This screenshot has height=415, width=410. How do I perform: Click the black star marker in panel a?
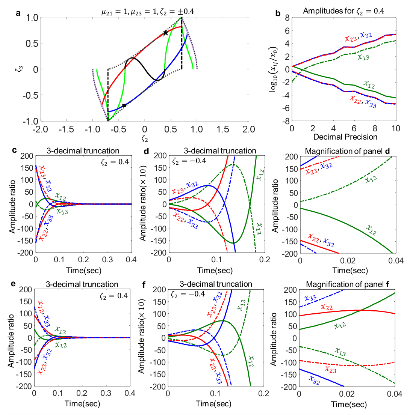click(166, 33)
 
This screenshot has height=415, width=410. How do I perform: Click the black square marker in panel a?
click(124, 105)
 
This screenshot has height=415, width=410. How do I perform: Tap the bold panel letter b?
click(278, 13)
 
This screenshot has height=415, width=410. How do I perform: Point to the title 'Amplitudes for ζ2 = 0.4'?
click(344, 11)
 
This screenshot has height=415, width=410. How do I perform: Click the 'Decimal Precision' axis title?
click(345, 137)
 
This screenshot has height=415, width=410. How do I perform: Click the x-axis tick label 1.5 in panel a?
click(222, 129)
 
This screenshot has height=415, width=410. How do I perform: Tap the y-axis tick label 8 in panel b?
click(287, 18)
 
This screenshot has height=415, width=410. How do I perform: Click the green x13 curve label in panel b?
click(363, 57)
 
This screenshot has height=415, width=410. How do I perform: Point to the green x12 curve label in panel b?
click(369, 84)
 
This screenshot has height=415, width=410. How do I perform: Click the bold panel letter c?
click(14, 150)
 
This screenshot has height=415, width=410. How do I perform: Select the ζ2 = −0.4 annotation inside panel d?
click(189, 161)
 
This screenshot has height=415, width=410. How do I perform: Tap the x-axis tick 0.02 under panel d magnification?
click(348, 260)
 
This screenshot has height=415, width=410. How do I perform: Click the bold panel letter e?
click(13, 284)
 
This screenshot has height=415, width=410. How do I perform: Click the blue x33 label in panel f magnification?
click(311, 298)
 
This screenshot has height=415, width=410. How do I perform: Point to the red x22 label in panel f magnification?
click(327, 307)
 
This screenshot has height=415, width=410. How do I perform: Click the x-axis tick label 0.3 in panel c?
click(107, 259)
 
